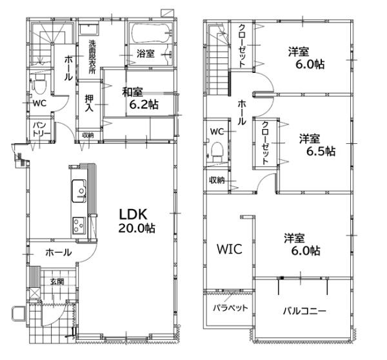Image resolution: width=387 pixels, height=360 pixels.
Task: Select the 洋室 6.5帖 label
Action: (316, 145)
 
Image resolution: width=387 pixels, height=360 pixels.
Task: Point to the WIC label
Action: (229, 249)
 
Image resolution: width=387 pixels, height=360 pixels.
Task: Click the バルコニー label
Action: (304, 310)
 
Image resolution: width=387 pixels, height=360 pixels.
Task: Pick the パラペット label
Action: (231, 308)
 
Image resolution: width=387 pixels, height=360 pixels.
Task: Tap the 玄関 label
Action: (57, 281)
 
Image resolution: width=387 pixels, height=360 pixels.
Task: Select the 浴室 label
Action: (145, 54)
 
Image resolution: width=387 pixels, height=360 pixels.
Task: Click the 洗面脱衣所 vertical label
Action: (93, 58)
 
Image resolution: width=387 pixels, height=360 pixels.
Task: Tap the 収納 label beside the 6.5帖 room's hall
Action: (217, 180)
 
